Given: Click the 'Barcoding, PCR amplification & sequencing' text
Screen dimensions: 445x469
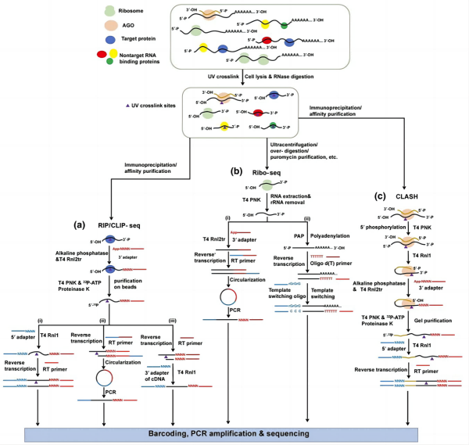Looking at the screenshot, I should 234,432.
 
